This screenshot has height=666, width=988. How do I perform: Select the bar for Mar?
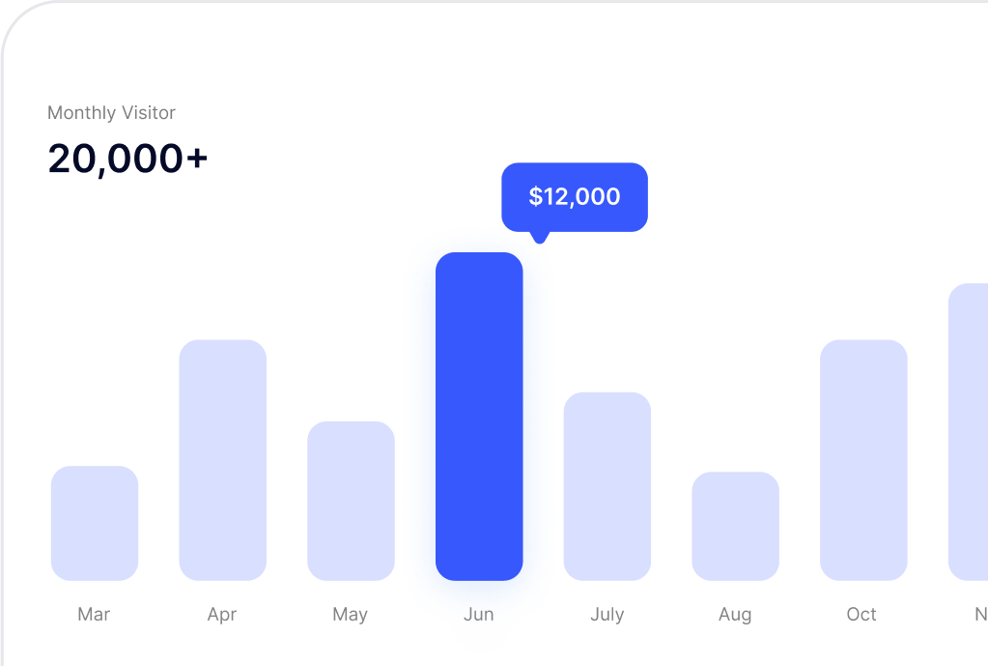coord(95,523)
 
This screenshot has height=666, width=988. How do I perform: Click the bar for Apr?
coord(223,460)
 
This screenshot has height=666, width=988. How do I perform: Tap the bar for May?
coord(351,501)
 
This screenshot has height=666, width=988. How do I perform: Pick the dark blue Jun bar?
coord(479,417)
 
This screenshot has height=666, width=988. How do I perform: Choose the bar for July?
coord(607,486)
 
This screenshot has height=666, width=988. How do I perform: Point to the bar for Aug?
coord(735,526)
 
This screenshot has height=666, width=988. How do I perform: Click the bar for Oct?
coord(863,460)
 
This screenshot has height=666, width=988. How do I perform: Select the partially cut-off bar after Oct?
coord(969,432)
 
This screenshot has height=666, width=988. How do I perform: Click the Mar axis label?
coord(94,615)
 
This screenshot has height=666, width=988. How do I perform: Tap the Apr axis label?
coord(222,615)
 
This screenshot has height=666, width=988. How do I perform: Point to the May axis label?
coord(350,615)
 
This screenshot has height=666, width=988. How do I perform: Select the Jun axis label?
coord(478,615)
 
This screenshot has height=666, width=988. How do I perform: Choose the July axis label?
coord(607,615)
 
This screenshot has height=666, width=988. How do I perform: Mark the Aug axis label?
coord(735,615)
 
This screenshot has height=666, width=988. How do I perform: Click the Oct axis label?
coord(861,615)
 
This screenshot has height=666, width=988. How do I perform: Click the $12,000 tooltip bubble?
coord(575,197)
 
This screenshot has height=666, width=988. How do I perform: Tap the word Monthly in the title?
coord(81,113)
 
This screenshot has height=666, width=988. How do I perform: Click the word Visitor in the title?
coord(148,113)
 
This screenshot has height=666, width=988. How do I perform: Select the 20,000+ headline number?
coord(127,159)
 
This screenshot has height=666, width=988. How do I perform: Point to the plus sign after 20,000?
coord(197,159)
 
